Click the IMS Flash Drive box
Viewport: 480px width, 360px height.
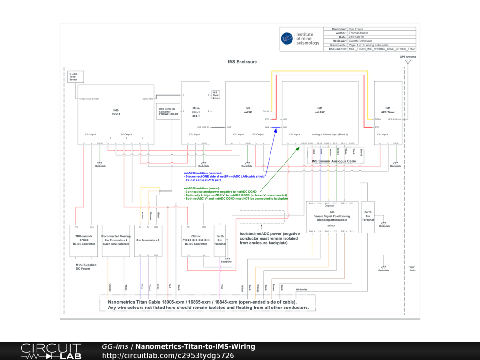[x=216, y=95]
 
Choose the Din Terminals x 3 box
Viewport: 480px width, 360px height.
[x=148, y=240]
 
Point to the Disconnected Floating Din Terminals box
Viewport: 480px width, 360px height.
[x=116, y=240]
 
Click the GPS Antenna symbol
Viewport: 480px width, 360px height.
[x=408, y=61]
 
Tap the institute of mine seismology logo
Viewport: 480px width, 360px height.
[x=300, y=38]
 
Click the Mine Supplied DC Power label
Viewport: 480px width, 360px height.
[x=86, y=267]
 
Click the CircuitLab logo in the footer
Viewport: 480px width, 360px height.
[x=50, y=351]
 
